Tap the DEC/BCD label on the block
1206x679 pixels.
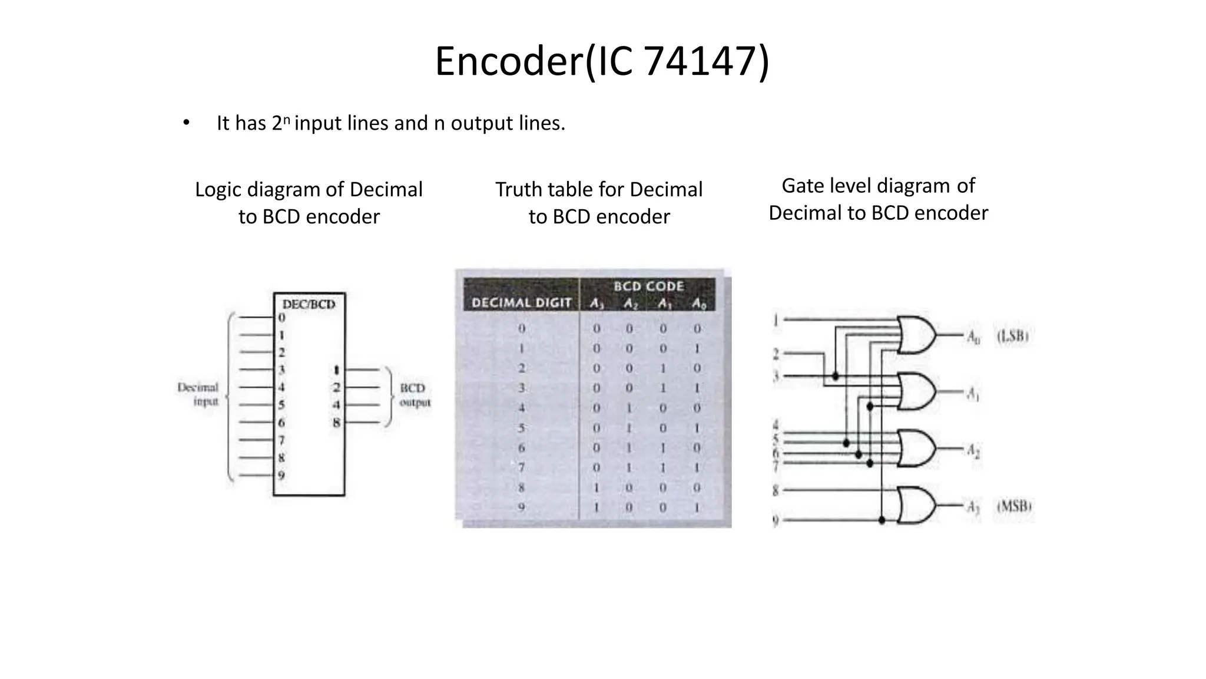point(309,304)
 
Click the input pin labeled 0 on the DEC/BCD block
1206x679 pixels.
point(281,318)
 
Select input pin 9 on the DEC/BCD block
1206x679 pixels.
point(281,475)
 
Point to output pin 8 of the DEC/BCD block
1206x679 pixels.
point(336,422)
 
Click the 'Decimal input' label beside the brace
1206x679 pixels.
point(199,394)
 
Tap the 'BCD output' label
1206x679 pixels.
point(415,395)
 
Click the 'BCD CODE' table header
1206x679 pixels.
point(648,286)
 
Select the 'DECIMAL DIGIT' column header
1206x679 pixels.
point(521,303)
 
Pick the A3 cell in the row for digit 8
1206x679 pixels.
point(597,487)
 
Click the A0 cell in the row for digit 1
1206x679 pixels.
point(697,348)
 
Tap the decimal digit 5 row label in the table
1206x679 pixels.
point(521,428)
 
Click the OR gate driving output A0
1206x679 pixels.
point(916,335)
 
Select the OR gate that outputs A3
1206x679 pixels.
point(916,505)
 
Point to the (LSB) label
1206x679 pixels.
point(1012,336)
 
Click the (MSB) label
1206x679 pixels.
point(1013,506)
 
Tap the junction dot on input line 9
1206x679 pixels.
point(882,520)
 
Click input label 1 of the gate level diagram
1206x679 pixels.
point(776,320)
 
